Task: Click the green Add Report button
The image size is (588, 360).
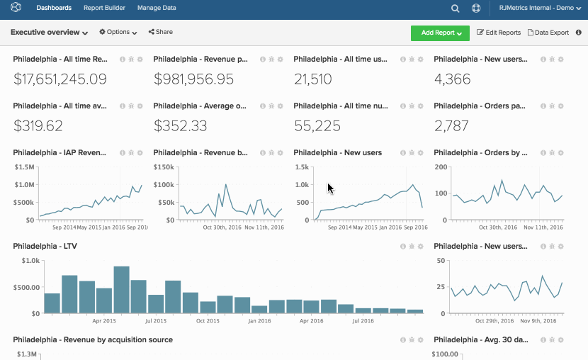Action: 439,33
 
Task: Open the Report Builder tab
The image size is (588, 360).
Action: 104,9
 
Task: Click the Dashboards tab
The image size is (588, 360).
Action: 54,9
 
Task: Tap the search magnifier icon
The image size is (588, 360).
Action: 456,9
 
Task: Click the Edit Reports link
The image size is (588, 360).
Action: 499,33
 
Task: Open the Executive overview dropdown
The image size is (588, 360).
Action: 49,33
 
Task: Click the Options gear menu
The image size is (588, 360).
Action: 118,33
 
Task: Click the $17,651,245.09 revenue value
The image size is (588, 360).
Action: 60,79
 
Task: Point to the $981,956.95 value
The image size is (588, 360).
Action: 193,79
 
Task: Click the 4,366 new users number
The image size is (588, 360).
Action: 452,79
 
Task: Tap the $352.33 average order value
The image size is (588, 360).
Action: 180,126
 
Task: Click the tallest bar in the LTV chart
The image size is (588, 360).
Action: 122,289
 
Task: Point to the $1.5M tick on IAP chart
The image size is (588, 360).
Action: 25,167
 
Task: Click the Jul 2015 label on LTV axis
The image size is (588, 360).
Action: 155,320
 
